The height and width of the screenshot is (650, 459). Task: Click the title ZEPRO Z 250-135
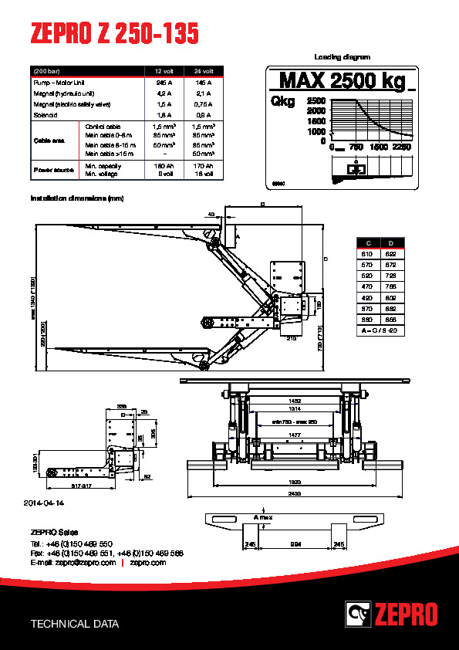pyautogui.click(x=114, y=34)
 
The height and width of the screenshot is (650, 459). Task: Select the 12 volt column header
pyautogui.click(x=164, y=71)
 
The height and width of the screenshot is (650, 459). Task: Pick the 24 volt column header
pyautogui.click(x=203, y=71)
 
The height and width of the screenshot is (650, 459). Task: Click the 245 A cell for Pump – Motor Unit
pyautogui.click(x=164, y=82)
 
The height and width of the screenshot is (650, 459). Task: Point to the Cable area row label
pyautogui.click(x=47, y=140)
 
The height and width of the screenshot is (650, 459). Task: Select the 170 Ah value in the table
pyautogui.click(x=203, y=166)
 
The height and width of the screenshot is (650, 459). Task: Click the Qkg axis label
pyautogui.click(x=283, y=102)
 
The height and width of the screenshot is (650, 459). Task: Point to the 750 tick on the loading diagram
pyautogui.click(x=356, y=146)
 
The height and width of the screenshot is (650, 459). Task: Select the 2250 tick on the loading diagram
pyautogui.click(x=401, y=146)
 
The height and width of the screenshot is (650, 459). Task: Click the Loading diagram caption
pyautogui.click(x=342, y=57)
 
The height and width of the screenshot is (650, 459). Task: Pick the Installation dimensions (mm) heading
pyautogui.click(x=77, y=198)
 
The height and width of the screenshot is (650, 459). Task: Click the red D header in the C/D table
pyautogui.click(x=392, y=243)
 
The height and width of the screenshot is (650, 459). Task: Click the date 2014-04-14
pyautogui.click(x=46, y=503)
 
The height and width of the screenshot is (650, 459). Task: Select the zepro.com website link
pyautogui.click(x=148, y=563)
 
